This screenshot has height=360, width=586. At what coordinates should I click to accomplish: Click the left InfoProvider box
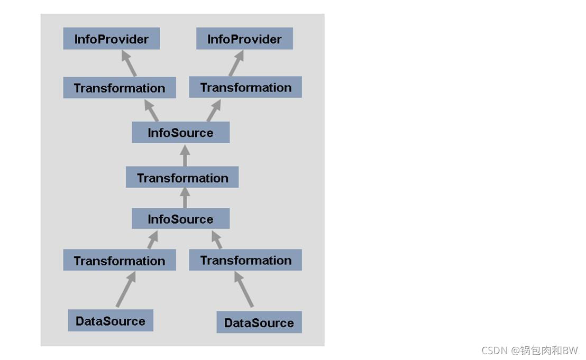click(x=111, y=39)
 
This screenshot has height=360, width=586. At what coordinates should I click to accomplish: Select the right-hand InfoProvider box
click(x=244, y=39)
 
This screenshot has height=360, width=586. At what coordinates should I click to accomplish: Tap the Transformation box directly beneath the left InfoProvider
click(x=119, y=88)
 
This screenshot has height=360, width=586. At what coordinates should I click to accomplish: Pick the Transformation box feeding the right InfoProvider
click(x=245, y=87)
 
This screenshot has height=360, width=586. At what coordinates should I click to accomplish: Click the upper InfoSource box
click(x=180, y=132)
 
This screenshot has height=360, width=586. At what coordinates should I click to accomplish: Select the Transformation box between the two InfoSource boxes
click(x=182, y=178)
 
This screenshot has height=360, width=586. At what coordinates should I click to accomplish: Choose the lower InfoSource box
click(x=180, y=218)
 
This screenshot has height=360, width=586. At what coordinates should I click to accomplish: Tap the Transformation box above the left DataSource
click(x=119, y=260)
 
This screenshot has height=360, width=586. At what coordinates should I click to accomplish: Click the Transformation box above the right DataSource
click(x=245, y=260)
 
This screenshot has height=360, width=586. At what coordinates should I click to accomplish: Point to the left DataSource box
click(x=110, y=321)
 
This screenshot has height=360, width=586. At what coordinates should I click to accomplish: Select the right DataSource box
click(x=259, y=322)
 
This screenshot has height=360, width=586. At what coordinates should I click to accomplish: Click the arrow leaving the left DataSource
click(x=126, y=289)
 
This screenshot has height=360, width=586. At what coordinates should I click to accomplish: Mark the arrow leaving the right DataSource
click(x=244, y=289)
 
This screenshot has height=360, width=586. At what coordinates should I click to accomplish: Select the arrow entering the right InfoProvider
click(x=236, y=63)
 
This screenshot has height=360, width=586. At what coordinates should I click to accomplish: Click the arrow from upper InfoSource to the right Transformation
click(x=213, y=110)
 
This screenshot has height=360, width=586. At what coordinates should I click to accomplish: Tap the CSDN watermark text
click(x=529, y=350)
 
